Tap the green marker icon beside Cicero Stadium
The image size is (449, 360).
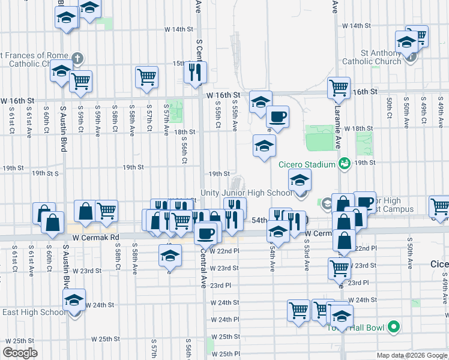(344, 163)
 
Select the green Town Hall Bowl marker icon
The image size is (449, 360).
(394, 327)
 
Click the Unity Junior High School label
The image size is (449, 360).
(246, 193)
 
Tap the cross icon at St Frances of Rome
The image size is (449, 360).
(77, 59)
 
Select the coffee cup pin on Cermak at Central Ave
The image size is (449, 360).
(206, 232)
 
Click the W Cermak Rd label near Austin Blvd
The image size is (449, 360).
(96, 238)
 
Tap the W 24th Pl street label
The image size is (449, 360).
(224, 319)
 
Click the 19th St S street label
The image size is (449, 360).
(46, 173)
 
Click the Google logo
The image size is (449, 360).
(20, 353)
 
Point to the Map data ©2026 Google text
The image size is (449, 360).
(412, 355)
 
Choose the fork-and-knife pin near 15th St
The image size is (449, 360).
(194, 73)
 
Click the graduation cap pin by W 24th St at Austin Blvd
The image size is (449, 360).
(74, 300)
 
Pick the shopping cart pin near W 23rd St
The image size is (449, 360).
(339, 268)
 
